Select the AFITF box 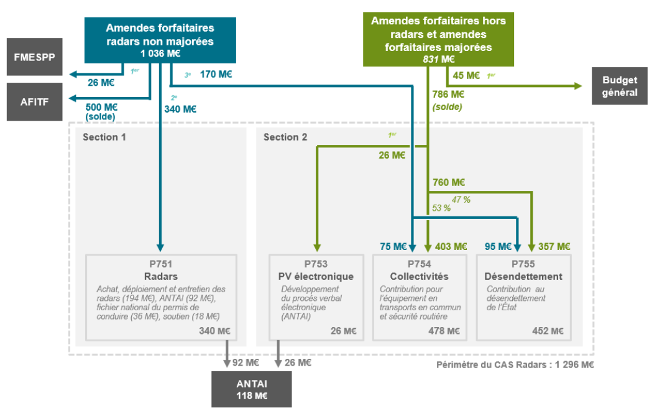point(35,101)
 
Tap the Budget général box point(620,86)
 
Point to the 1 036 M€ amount point(160,53)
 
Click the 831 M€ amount point(438,59)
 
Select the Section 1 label point(104,137)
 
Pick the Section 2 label point(285,137)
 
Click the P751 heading point(161,264)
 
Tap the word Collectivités point(420,276)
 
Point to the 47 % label point(461,199)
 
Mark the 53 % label point(441,208)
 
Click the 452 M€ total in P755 point(548,331)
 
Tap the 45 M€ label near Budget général point(466,75)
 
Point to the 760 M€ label point(449,183)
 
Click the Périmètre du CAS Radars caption point(515,364)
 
